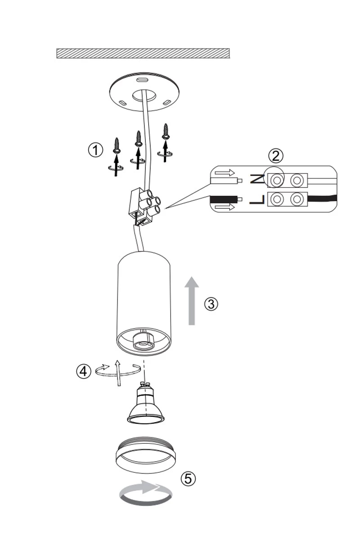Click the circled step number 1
(95, 150)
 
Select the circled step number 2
(275, 156)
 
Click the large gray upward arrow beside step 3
(192, 301)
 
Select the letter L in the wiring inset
(257, 199)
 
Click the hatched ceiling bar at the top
(143, 53)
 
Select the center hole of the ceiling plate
(144, 95)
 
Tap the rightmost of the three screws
(166, 131)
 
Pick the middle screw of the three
(138, 139)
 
